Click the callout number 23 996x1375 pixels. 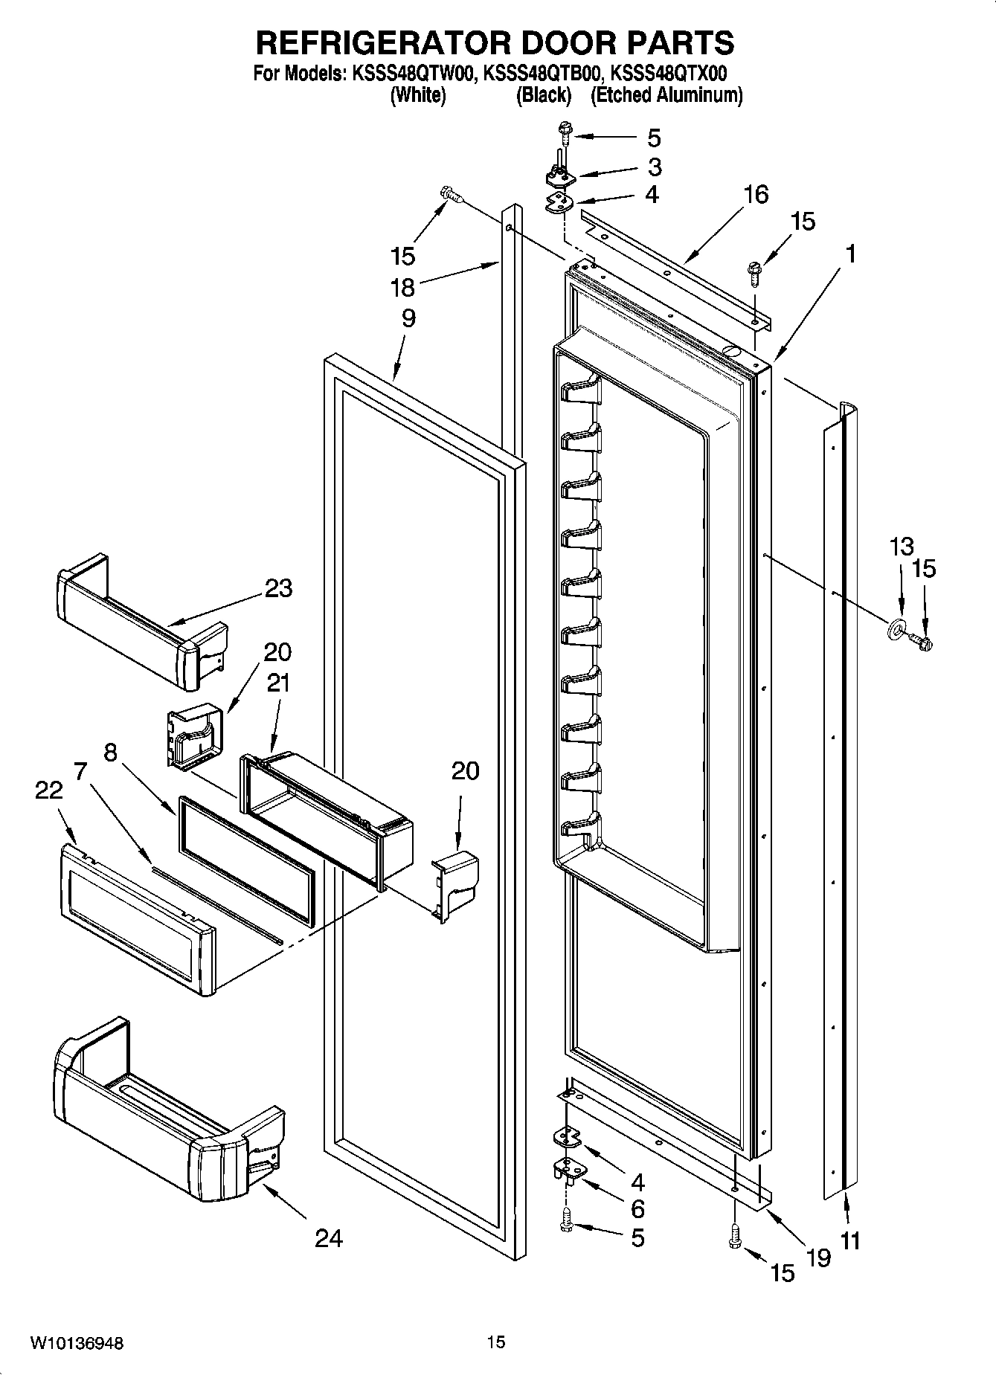(x=279, y=589)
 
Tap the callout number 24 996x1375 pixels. (x=329, y=1238)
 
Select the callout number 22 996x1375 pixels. (x=49, y=790)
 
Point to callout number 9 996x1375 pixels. (x=408, y=318)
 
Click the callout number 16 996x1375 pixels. (x=756, y=195)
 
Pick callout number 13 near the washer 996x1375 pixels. (x=901, y=547)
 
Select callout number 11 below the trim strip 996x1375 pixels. (x=850, y=1240)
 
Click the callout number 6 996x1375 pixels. (x=637, y=1208)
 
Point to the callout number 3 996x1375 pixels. (x=654, y=167)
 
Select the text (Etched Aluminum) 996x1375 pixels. (x=666, y=95)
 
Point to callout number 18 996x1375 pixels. (x=402, y=288)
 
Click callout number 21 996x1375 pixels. (x=278, y=683)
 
